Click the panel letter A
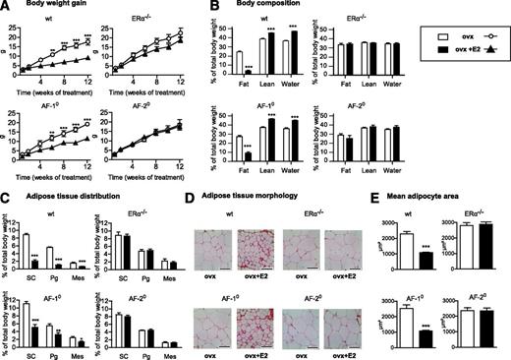(5, 7)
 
